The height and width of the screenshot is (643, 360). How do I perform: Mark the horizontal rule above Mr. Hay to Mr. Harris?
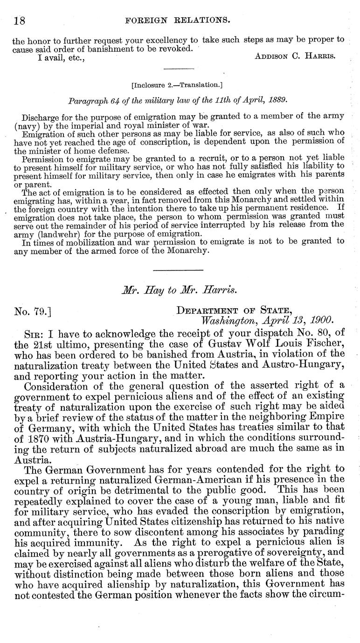pyautogui.click(x=178, y=270)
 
